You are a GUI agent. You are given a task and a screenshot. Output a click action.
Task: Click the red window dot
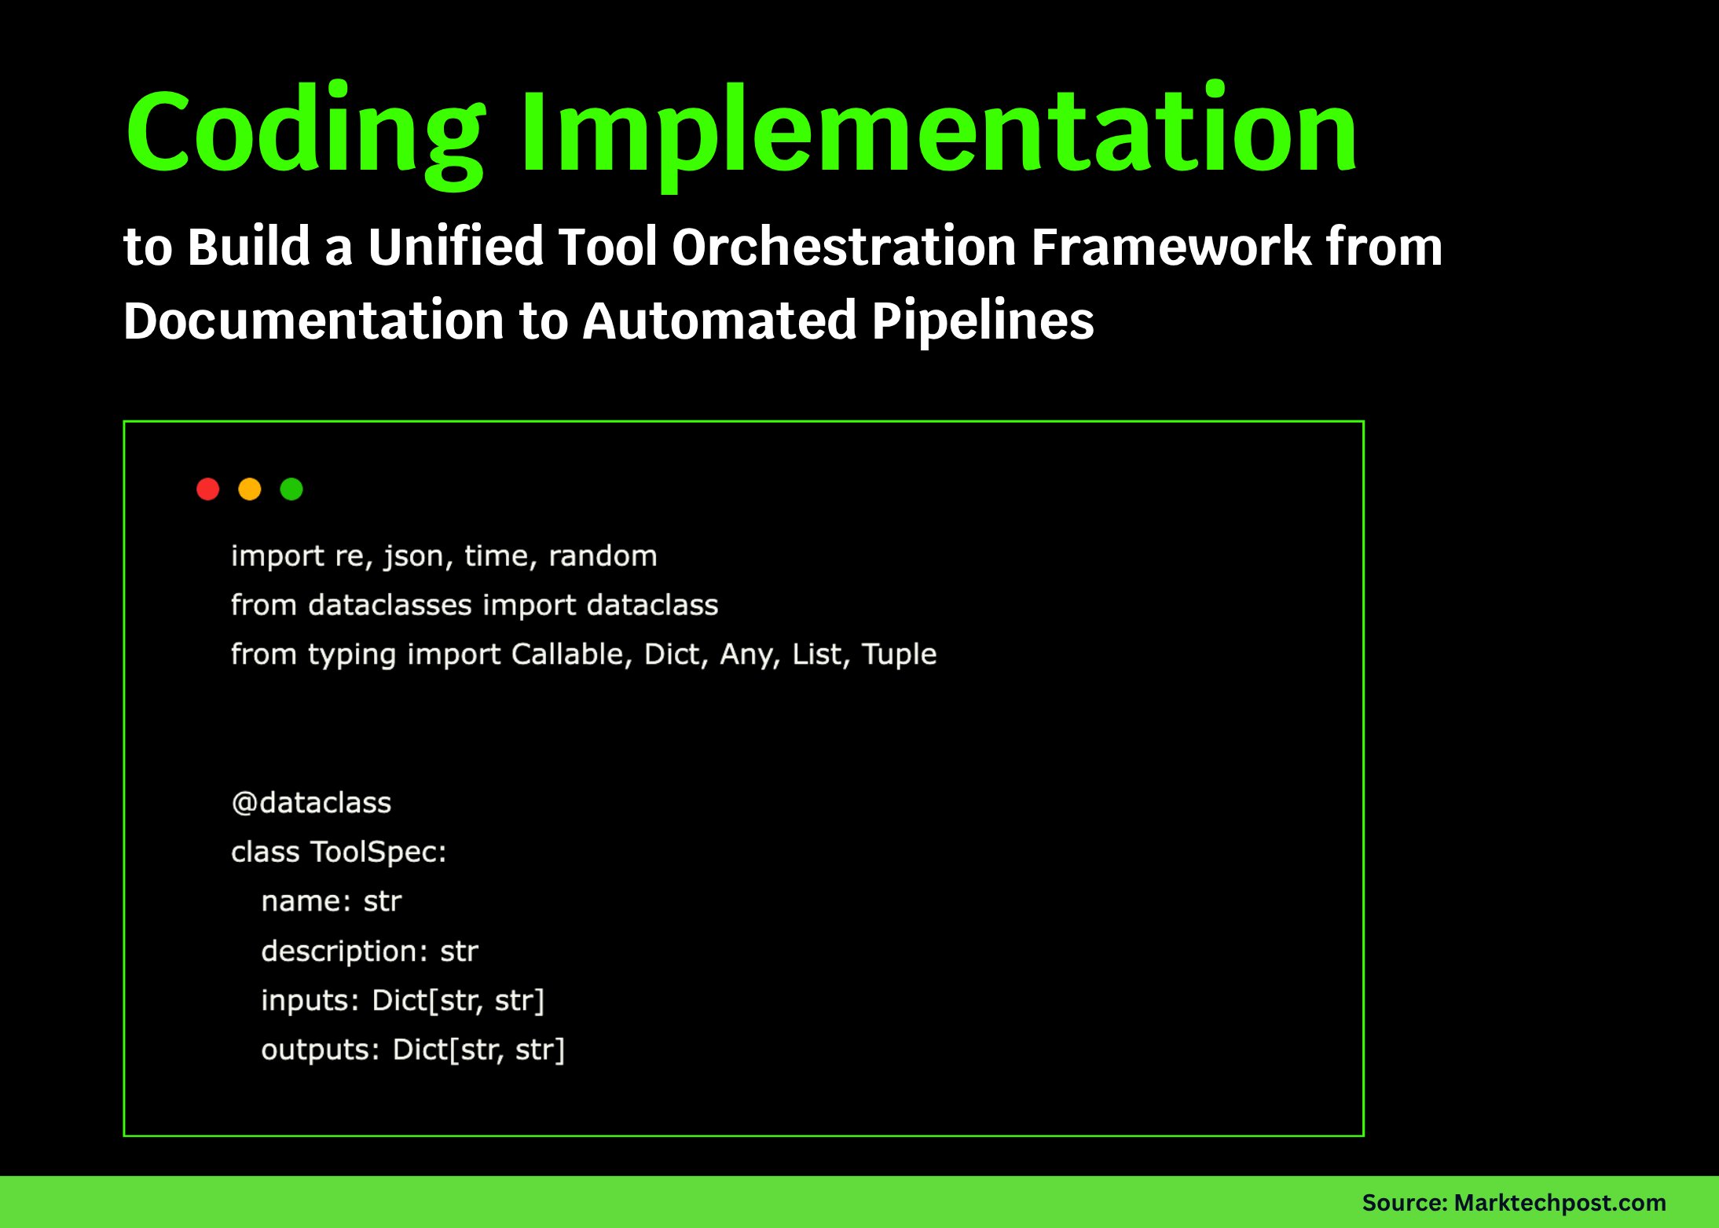pyautogui.click(x=208, y=489)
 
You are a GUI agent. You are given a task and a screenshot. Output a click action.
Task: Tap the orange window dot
pyautogui.click(x=250, y=489)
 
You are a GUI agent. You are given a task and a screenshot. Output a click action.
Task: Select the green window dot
pyautogui.click(x=291, y=489)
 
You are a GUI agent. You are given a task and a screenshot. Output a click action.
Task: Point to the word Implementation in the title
pyautogui.click(x=938, y=132)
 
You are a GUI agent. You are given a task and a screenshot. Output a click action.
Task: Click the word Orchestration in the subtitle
pyautogui.click(x=844, y=247)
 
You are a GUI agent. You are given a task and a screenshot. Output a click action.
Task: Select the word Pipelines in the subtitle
pyautogui.click(x=982, y=321)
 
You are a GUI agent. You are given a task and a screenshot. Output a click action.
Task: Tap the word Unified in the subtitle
pyautogui.click(x=456, y=247)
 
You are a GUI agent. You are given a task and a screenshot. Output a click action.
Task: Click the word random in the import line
pyautogui.click(x=603, y=556)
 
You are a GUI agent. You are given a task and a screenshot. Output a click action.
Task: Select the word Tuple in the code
pyautogui.click(x=899, y=654)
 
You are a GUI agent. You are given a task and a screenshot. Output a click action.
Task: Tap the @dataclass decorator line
pyautogui.click(x=311, y=803)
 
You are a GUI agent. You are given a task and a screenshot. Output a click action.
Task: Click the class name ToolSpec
pyautogui.click(x=377, y=852)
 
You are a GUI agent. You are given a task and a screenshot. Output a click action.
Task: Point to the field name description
pyautogui.click(x=344, y=951)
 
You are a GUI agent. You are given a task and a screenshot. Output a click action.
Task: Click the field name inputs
pyautogui.click(x=310, y=1001)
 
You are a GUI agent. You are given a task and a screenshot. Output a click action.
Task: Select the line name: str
pyautogui.click(x=331, y=902)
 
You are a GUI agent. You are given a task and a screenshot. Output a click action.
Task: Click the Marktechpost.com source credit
pyautogui.click(x=1560, y=1202)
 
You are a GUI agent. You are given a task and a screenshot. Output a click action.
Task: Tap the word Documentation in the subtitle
pyautogui.click(x=313, y=321)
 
